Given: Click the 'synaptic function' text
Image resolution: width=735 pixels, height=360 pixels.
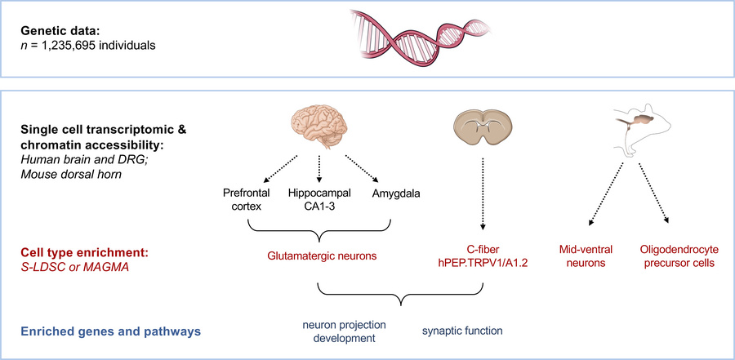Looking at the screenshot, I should click(x=462, y=331).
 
